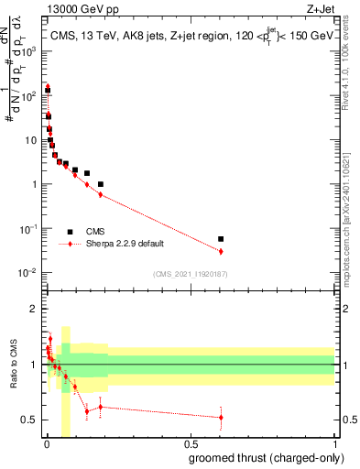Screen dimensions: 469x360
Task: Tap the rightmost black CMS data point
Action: [221, 239]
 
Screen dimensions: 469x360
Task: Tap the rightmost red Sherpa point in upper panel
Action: [221, 251]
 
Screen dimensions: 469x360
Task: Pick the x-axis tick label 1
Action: [333, 443]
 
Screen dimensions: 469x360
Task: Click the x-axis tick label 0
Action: [47, 443]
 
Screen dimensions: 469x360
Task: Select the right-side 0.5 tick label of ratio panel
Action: [346, 420]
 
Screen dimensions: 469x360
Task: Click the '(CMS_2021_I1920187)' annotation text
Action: [190, 273]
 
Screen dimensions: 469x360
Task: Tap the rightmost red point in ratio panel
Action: [221, 417]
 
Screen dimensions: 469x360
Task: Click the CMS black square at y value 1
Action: [101, 184]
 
